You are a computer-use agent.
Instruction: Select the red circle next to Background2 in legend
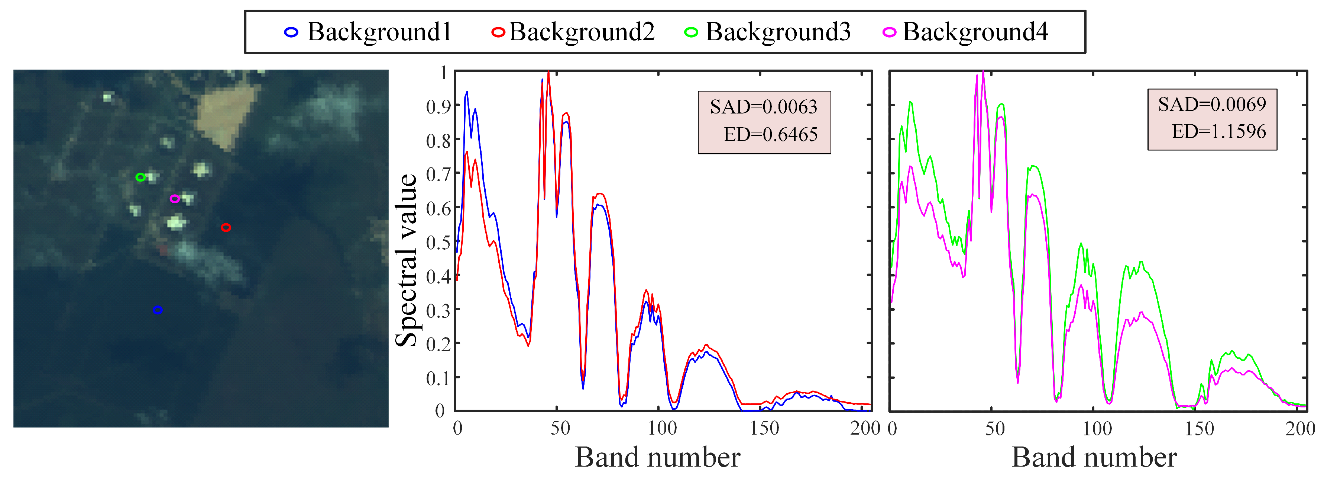498,32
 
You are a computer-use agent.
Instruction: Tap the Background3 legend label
778,32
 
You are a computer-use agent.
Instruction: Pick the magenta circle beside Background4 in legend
889,32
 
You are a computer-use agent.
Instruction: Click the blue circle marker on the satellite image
158,310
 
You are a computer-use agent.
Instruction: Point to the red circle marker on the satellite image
226,227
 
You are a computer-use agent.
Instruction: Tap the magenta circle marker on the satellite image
175,199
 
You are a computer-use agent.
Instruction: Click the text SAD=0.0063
763,107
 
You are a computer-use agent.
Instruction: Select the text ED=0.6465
770,135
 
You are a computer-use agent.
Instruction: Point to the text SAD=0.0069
1211,105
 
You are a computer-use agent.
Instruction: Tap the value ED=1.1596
1218,132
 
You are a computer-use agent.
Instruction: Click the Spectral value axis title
407,260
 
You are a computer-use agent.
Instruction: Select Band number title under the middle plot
657,457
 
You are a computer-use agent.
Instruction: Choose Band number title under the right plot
1094,457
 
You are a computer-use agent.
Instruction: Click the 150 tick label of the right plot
1199,429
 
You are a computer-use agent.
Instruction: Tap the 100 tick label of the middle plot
662,428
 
